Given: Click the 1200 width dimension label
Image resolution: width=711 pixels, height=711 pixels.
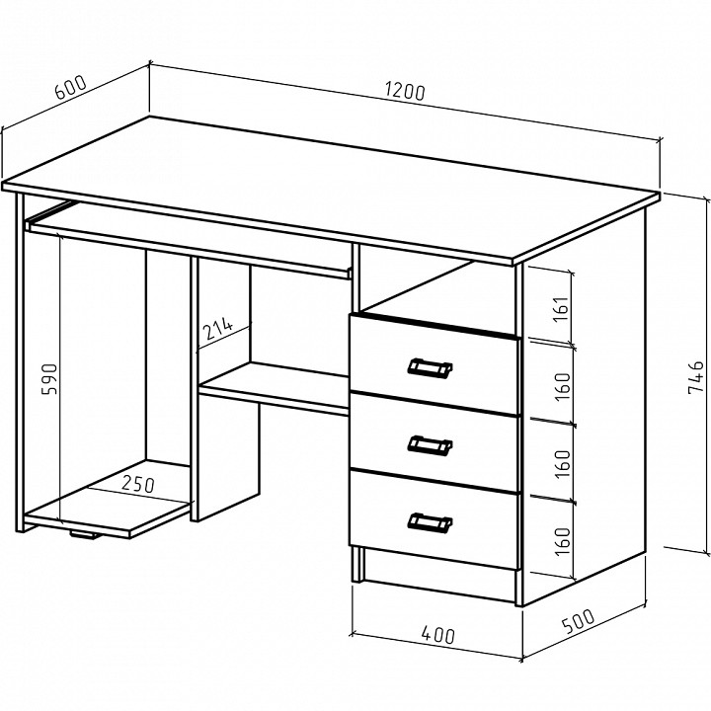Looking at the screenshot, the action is point(406,92).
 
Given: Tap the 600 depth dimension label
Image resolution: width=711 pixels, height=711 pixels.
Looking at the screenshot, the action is point(70,87).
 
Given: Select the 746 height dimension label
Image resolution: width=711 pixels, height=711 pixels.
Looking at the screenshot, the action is point(696,377).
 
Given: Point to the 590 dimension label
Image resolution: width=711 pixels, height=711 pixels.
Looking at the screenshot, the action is point(49,379).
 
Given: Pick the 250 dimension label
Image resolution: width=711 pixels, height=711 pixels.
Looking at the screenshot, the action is point(138,484).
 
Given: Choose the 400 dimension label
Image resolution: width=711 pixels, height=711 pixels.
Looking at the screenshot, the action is point(437,634).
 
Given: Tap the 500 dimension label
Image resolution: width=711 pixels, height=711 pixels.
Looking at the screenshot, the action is point(578,621).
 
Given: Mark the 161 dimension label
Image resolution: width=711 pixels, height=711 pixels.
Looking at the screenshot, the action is point(561,309).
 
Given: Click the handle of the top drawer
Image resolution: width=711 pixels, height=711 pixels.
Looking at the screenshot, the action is point(430,367).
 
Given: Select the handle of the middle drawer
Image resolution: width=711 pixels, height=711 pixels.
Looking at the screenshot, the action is point(430,445).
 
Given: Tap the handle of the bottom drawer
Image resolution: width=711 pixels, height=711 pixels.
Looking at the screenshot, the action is point(430,522).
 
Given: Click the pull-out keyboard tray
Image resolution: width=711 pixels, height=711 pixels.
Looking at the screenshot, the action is point(189,240).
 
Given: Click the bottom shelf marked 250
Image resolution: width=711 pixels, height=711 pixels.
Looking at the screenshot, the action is point(109,498).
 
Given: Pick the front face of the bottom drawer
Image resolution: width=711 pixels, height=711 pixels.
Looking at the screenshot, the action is point(434,520).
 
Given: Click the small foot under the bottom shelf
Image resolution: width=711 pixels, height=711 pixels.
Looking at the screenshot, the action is point(84,535).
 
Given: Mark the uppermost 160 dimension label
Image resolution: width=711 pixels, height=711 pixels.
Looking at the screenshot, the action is point(562,386).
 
